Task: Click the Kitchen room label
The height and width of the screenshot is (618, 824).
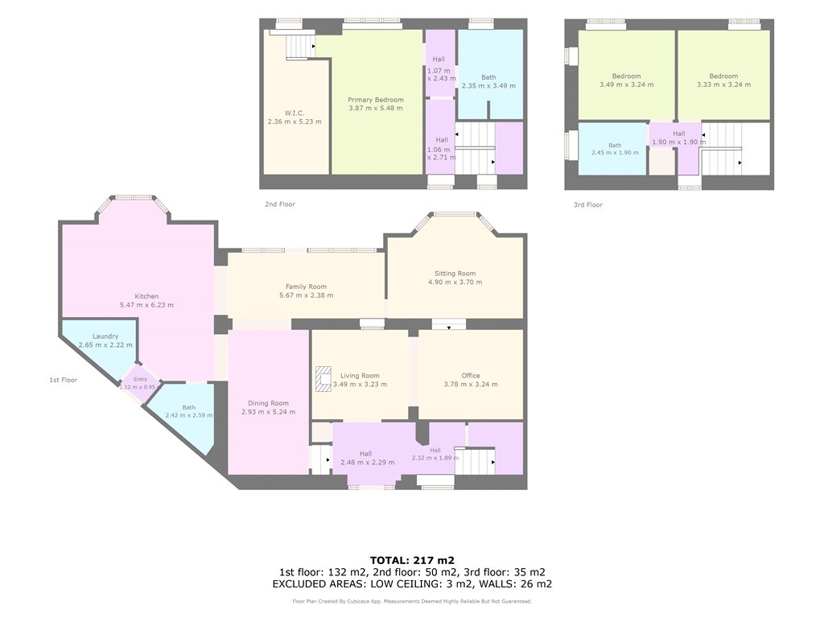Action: point(146,296)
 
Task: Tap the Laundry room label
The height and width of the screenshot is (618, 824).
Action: point(105,336)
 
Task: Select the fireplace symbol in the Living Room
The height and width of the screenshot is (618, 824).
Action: point(323,379)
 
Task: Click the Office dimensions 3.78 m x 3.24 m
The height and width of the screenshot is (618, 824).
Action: point(471,384)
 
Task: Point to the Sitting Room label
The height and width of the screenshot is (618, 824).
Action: point(455,274)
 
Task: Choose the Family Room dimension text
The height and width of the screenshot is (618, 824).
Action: point(306,295)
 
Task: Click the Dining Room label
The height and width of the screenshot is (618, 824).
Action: point(268,403)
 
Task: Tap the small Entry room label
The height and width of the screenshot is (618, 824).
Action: point(140,380)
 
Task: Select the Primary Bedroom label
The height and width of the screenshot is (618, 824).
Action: point(376,100)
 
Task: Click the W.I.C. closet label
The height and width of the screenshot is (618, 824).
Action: point(295,113)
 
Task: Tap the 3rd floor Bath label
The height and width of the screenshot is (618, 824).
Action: point(615,146)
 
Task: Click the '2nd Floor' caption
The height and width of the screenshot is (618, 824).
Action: point(280,204)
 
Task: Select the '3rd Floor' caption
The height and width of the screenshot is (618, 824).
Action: point(588,205)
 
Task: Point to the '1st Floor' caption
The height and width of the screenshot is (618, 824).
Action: point(63,380)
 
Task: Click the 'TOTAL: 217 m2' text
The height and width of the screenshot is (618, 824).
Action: point(412,560)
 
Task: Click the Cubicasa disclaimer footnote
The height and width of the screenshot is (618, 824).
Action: point(412,601)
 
